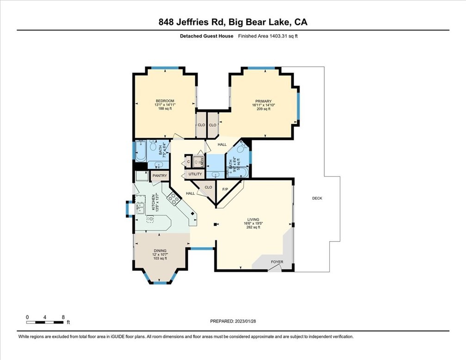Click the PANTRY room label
(x=159, y=176)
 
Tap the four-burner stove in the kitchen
(x=173, y=199)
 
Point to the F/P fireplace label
(x=226, y=189)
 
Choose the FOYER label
(x=277, y=262)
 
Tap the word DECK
(x=317, y=198)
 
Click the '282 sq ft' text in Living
(x=253, y=227)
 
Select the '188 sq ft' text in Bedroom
(x=165, y=109)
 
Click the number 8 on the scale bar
(x=63, y=317)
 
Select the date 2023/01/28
(x=245, y=321)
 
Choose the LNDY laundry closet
(x=198, y=161)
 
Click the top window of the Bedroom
(x=165, y=68)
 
